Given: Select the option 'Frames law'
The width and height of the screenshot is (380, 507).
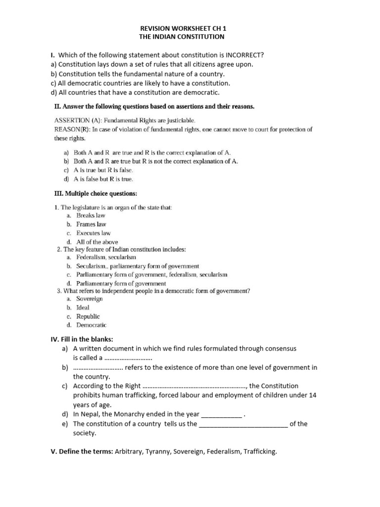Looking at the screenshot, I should tap(91, 224).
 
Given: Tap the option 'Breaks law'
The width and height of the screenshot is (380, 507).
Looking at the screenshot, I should tap(91, 215).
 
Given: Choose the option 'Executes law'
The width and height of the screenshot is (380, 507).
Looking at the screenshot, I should tap(94, 233).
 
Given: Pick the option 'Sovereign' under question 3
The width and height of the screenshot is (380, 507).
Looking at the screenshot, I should tap(90, 299).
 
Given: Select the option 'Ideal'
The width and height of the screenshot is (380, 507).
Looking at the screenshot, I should tap(83, 307).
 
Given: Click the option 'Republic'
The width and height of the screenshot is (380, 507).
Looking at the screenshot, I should tap(88, 316).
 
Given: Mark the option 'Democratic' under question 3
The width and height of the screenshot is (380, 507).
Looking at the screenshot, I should tap(91, 325).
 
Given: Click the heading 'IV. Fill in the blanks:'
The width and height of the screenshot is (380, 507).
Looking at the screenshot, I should tap(82, 339).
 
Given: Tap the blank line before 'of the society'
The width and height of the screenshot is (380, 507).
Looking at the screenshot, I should tap(243, 424).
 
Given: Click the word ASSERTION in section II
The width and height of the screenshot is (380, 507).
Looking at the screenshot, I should tap(73, 120).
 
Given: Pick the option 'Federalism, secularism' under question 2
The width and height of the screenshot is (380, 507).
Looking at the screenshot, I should tap(106, 257).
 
